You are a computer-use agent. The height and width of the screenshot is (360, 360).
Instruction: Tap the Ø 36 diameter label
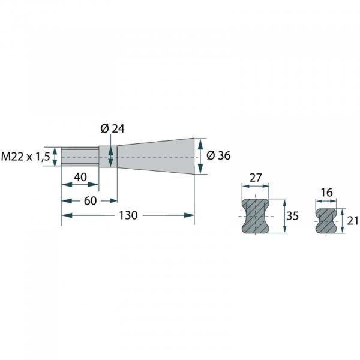pos(218,155)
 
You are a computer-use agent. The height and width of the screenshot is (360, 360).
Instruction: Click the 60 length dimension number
pos(90,200)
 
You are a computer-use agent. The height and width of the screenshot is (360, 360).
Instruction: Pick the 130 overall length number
pos(128,215)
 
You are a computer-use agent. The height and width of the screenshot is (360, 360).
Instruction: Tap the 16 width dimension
pos(326,193)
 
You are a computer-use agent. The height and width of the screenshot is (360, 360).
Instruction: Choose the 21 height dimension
pos(352,221)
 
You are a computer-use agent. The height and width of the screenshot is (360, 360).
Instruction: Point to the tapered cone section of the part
pos(156,157)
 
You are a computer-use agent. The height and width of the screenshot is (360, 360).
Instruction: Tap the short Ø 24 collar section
pos(108,157)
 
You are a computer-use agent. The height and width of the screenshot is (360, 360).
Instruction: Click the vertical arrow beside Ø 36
pos(201,156)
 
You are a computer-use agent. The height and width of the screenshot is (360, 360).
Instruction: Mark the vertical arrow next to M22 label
pos(56,157)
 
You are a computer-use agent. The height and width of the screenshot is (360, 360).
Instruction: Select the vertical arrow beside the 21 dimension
pos(341,221)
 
